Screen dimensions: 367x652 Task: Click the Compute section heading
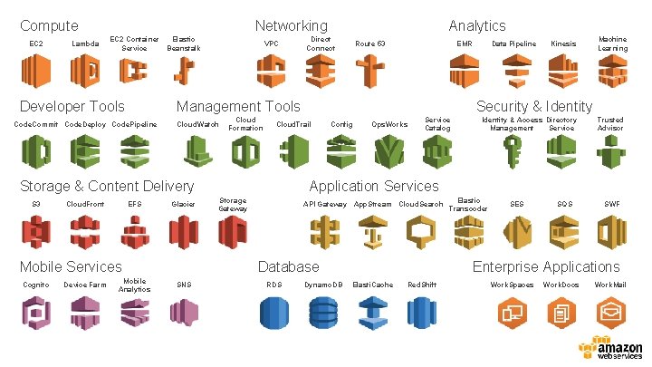tap(49, 26)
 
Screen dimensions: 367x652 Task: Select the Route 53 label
tap(369, 43)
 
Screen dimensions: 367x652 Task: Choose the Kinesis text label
tap(563, 43)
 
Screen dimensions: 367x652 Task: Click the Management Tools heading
tap(238, 107)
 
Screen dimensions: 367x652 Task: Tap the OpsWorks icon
tap(390, 149)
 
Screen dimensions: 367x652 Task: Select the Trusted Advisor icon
tap(610, 149)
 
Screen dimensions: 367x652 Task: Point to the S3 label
tap(36, 204)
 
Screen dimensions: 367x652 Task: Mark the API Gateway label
tap(325, 204)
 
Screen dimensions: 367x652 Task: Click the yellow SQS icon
tap(564, 232)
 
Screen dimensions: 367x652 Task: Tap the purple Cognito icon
tap(36, 313)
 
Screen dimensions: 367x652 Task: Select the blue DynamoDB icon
tap(321, 313)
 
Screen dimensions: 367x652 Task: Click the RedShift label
tap(422, 285)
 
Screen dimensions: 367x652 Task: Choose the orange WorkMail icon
tap(610, 313)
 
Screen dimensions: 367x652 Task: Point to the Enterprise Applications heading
tap(546, 266)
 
